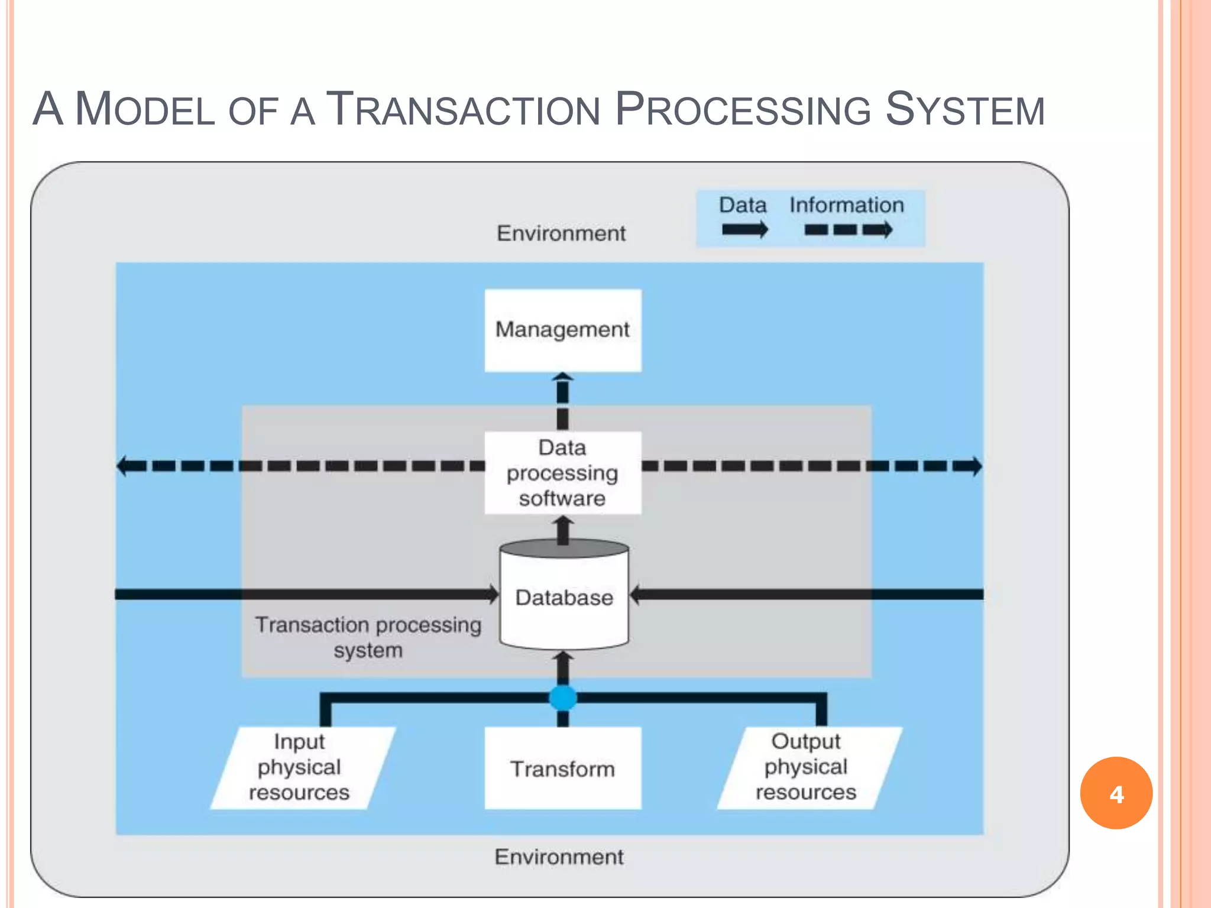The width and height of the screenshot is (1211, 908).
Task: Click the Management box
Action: [x=563, y=330]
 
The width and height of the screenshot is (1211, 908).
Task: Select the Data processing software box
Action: [x=563, y=473]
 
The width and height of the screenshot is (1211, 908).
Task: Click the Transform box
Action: [x=563, y=768]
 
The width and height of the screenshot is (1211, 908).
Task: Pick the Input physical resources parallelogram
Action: [x=302, y=767]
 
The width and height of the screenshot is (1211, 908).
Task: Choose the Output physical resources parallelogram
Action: [x=808, y=767]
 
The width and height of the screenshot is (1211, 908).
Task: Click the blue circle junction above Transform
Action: [x=563, y=698]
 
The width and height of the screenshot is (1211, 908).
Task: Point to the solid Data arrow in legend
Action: [x=744, y=230]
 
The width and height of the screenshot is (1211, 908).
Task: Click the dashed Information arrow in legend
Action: [x=848, y=230]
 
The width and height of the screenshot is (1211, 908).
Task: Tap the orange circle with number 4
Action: [x=1116, y=793]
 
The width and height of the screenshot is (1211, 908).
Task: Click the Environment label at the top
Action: [x=561, y=234]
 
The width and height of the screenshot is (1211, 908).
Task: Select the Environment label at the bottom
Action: [x=559, y=857]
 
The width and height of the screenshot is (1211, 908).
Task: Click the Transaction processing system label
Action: [x=368, y=637]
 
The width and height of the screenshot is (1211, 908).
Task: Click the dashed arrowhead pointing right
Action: [x=974, y=466]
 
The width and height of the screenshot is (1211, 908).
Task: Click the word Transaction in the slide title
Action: [x=463, y=109]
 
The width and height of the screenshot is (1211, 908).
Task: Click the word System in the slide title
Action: [x=964, y=109]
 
